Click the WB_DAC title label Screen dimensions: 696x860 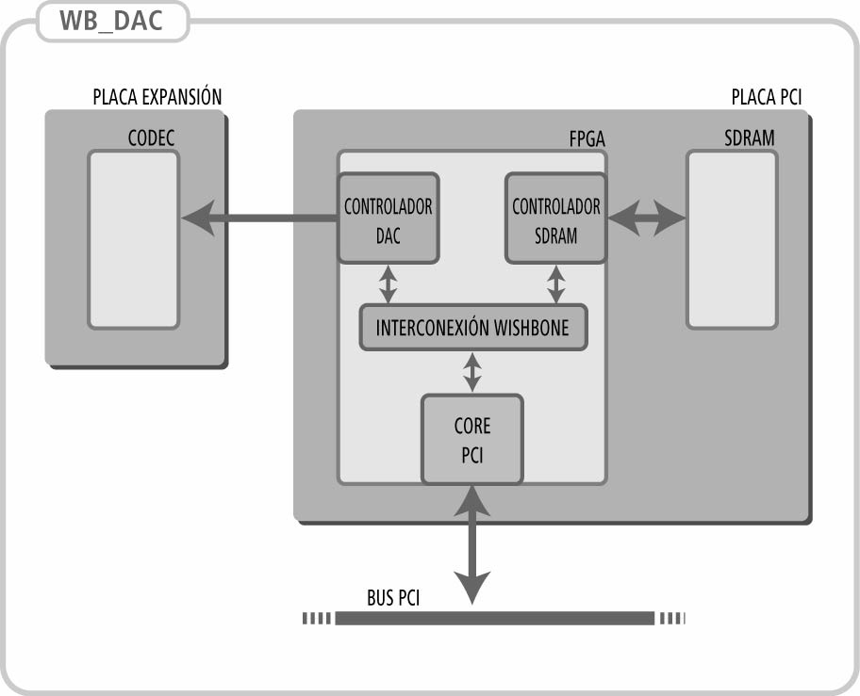pyautogui.click(x=112, y=23)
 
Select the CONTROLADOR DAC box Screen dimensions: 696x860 pyautogui.click(x=388, y=219)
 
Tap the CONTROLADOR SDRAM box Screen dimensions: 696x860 pyautogui.click(x=555, y=219)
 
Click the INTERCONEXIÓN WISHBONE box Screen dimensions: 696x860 pyautogui.click(x=472, y=328)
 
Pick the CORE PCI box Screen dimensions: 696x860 pyautogui.click(x=471, y=439)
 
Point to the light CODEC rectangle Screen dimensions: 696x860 pyautogui.click(x=133, y=239)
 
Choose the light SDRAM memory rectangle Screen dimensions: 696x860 pyautogui.click(x=732, y=239)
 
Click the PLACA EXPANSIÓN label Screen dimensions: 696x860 pyautogui.click(x=157, y=97)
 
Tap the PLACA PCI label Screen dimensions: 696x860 pyautogui.click(x=766, y=97)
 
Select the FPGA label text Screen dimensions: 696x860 pyautogui.click(x=587, y=139)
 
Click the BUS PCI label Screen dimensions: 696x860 pyautogui.click(x=392, y=598)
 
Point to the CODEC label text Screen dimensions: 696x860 pyautogui.click(x=151, y=139)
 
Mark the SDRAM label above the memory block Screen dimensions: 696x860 pyautogui.click(x=749, y=138)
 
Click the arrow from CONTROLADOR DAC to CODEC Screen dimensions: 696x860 pyautogui.click(x=259, y=219)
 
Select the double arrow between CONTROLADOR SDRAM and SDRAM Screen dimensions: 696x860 pyautogui.click(x=646, y=219)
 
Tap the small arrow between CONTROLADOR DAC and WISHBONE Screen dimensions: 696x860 pyautogui.click(x=388, y=283)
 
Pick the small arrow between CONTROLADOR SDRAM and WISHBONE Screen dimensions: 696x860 pyautogui.click(x=556, y=283)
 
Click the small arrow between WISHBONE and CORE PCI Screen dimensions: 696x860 pyautogui.click(x=472, y=371)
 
